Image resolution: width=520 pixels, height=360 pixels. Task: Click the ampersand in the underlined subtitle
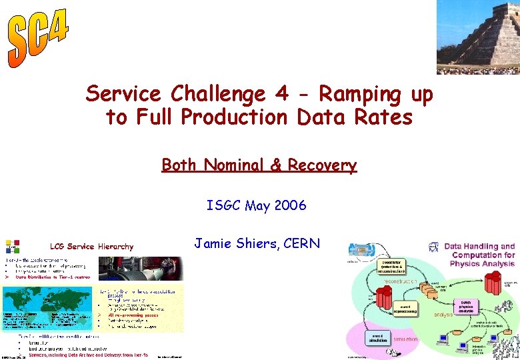click(x=276, y=165)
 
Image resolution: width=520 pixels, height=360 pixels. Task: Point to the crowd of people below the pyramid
click(x=477, y=69)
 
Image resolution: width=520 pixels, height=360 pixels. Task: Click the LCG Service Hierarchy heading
click(x=92, y=247)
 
